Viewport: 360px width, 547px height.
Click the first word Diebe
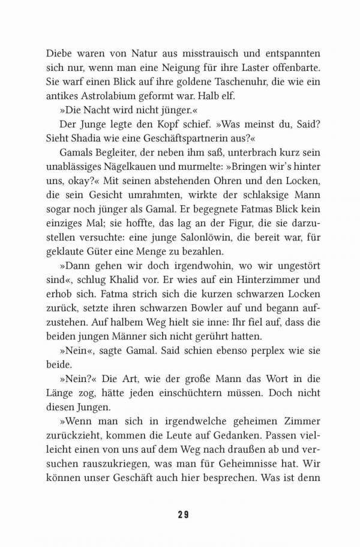click(x=59, y=52)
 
